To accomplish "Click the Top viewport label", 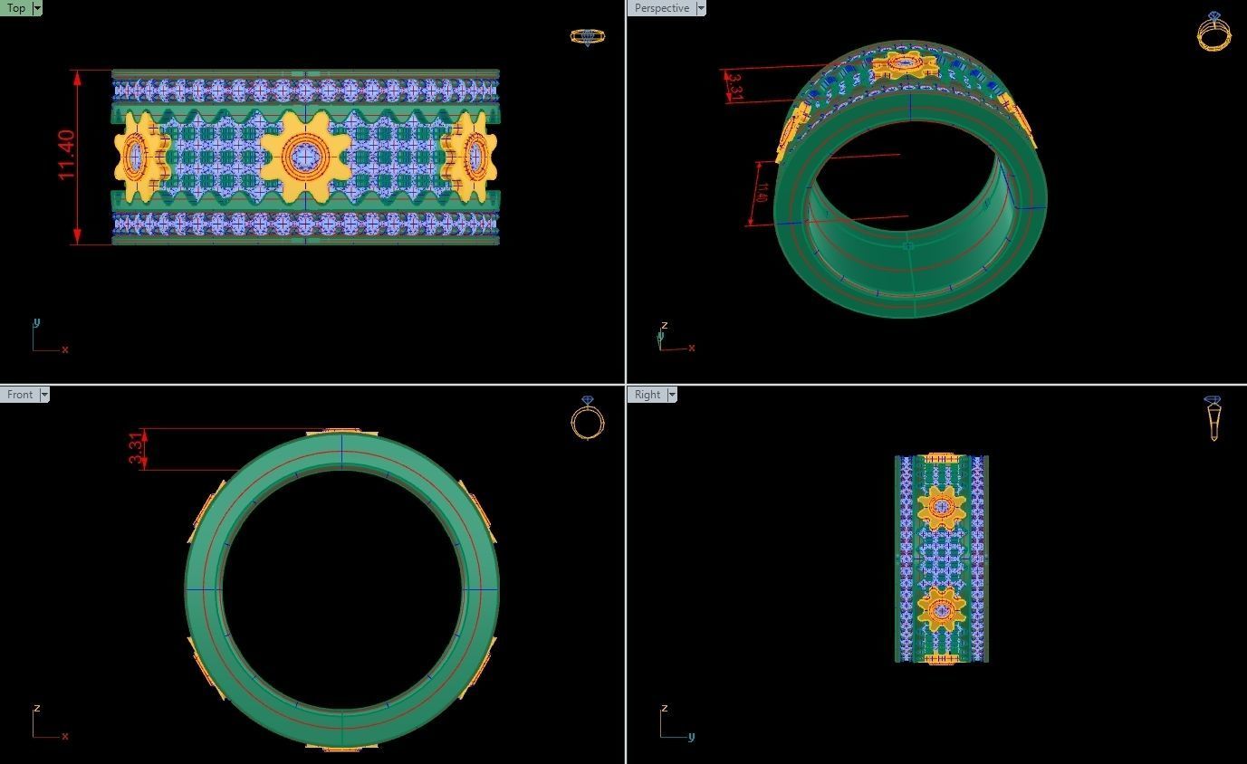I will coord(16,8).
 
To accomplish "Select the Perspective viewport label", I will coord(661,8).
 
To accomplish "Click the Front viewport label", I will coord(20,395).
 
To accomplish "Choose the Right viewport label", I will coord(647,395).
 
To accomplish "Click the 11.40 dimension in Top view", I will coord(67,156).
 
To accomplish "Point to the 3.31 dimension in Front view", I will coord(136,449).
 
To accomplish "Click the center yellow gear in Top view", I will coord(306,157).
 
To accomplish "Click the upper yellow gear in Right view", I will coord(941,507).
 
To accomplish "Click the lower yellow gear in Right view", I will coord(941,609).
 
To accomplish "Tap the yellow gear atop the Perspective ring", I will coord(903,63).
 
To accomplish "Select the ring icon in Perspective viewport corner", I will coord(1213,32).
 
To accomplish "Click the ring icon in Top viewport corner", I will coord(587,36).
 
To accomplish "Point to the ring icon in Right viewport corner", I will coord(1213,417).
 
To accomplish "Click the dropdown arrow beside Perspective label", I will coord(701,8).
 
